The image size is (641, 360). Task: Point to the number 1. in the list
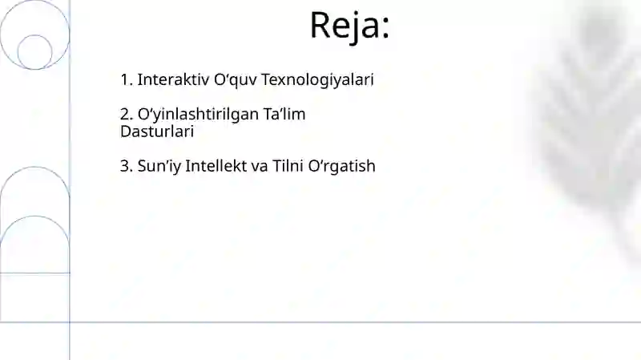pos(127,80)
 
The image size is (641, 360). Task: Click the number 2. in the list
pos(127,115)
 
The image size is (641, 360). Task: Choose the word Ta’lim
pos(284,115)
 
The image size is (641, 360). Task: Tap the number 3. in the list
pos(127,166)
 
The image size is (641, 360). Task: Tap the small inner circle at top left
pos(34,51)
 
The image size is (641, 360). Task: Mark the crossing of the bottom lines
pos(70,322)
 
